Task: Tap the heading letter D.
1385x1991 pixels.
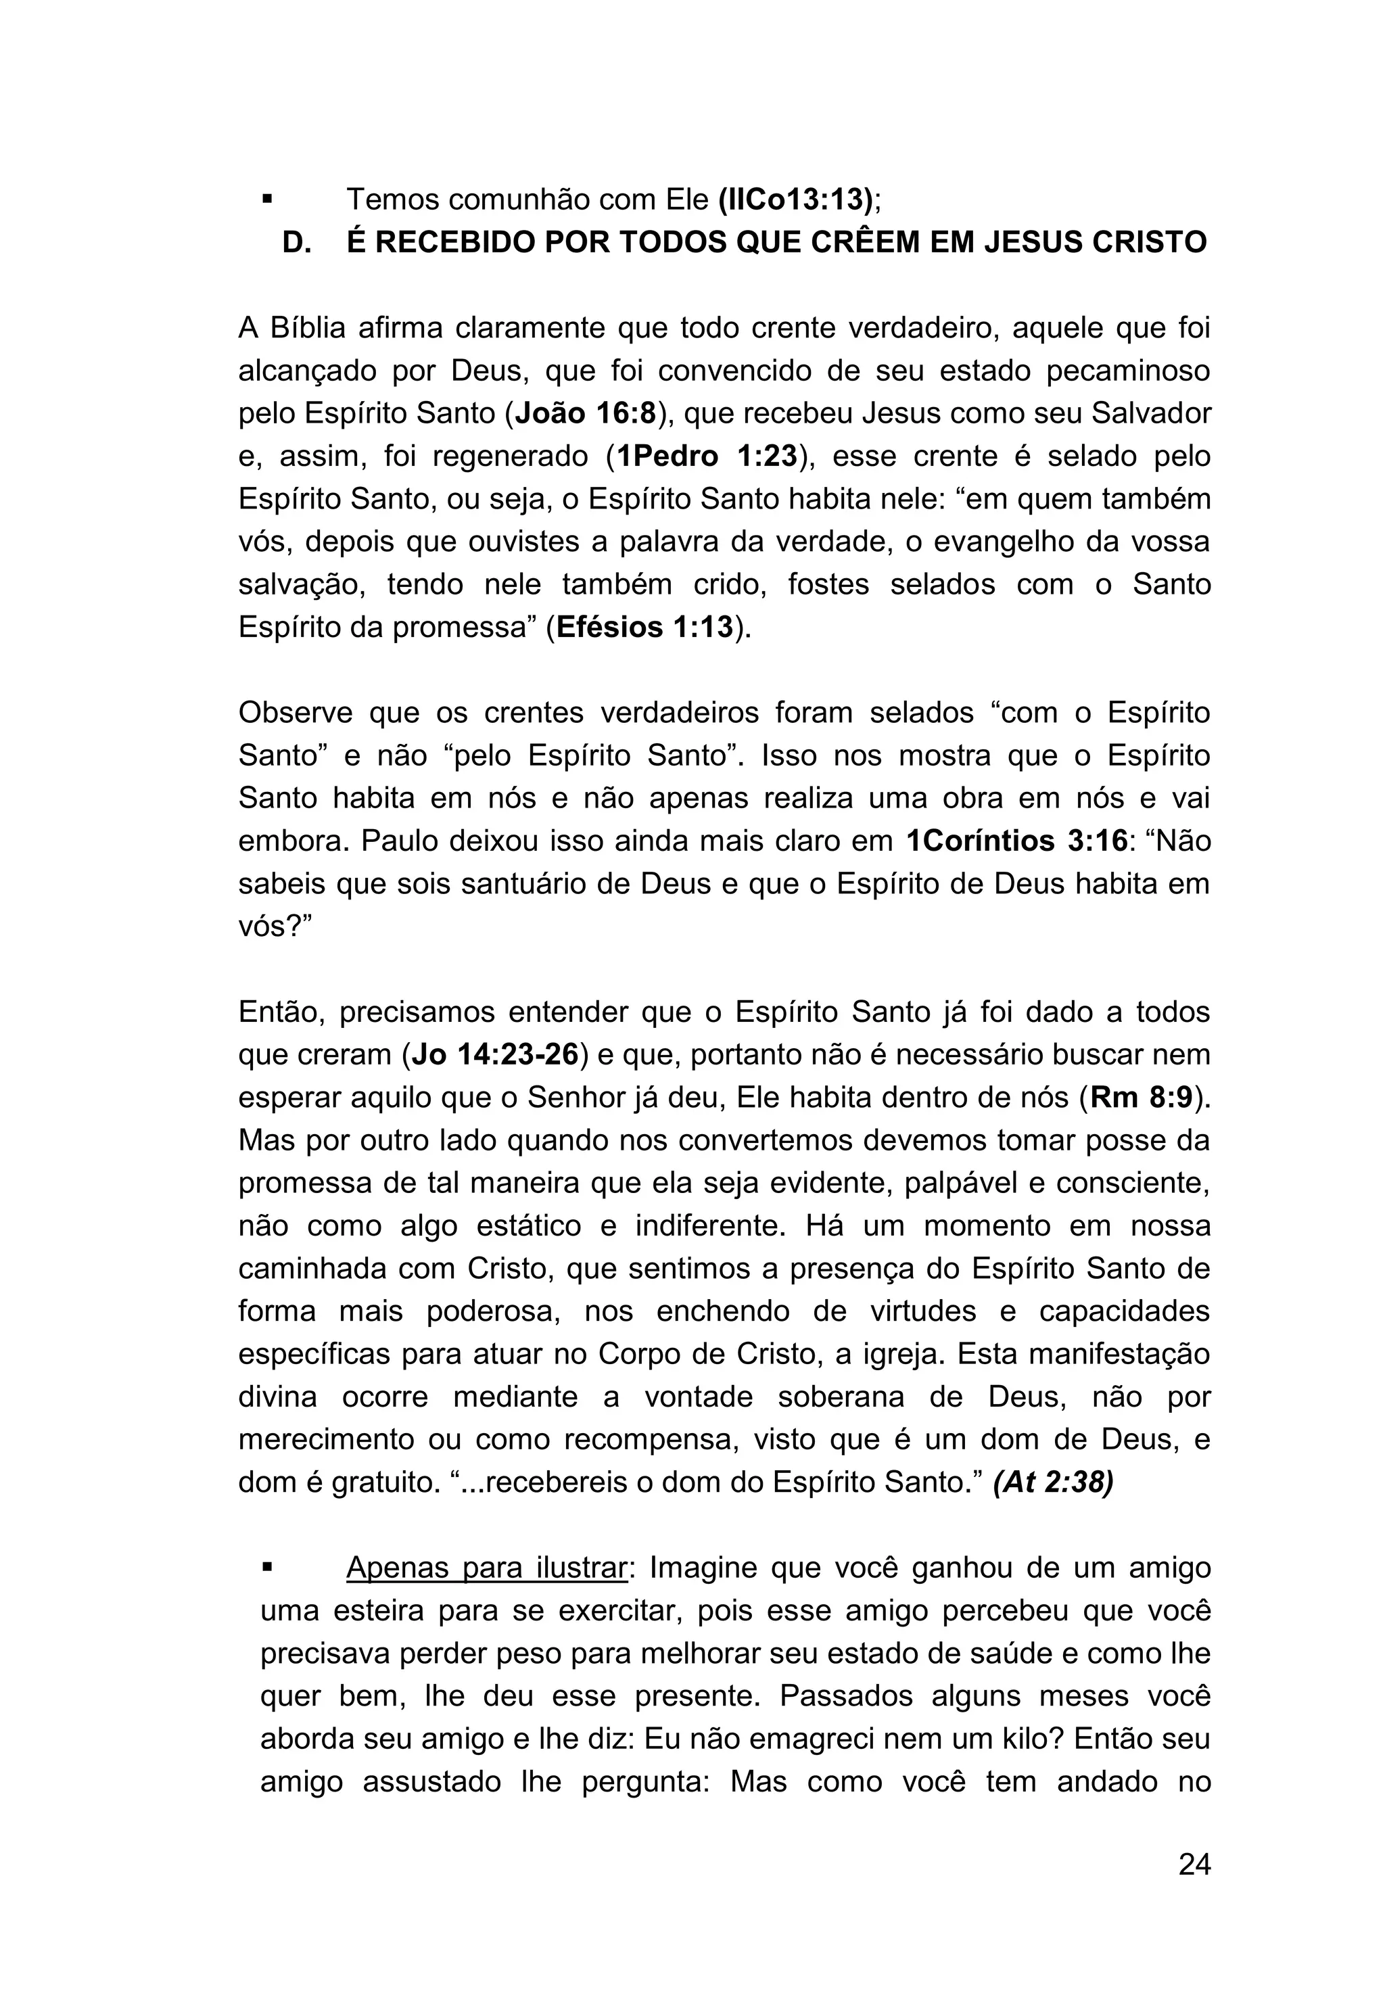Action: click(x=297, y=243)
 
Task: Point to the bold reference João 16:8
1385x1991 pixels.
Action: click(x=586, y=414)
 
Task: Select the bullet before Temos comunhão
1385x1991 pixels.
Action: click(x=267, y=200)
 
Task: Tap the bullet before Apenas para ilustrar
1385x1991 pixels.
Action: click(x=267, y=1568)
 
